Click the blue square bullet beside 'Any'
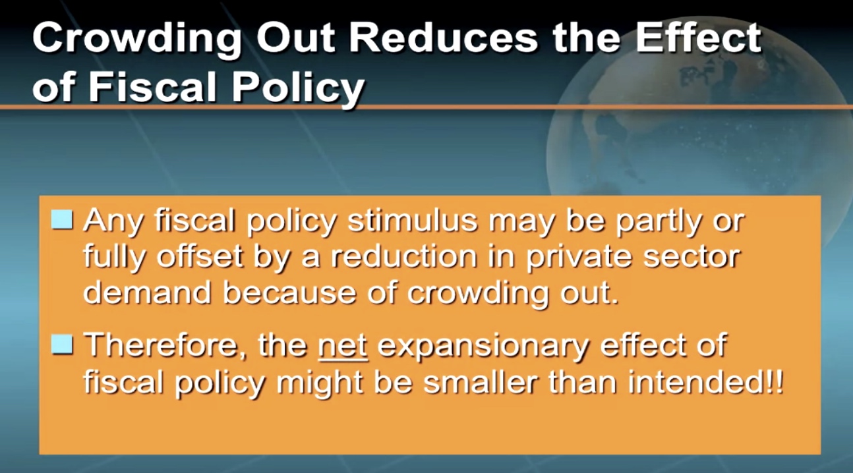(62, 219)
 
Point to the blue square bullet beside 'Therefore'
(62, 345)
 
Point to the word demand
(148, 292)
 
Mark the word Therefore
(165, 345)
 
